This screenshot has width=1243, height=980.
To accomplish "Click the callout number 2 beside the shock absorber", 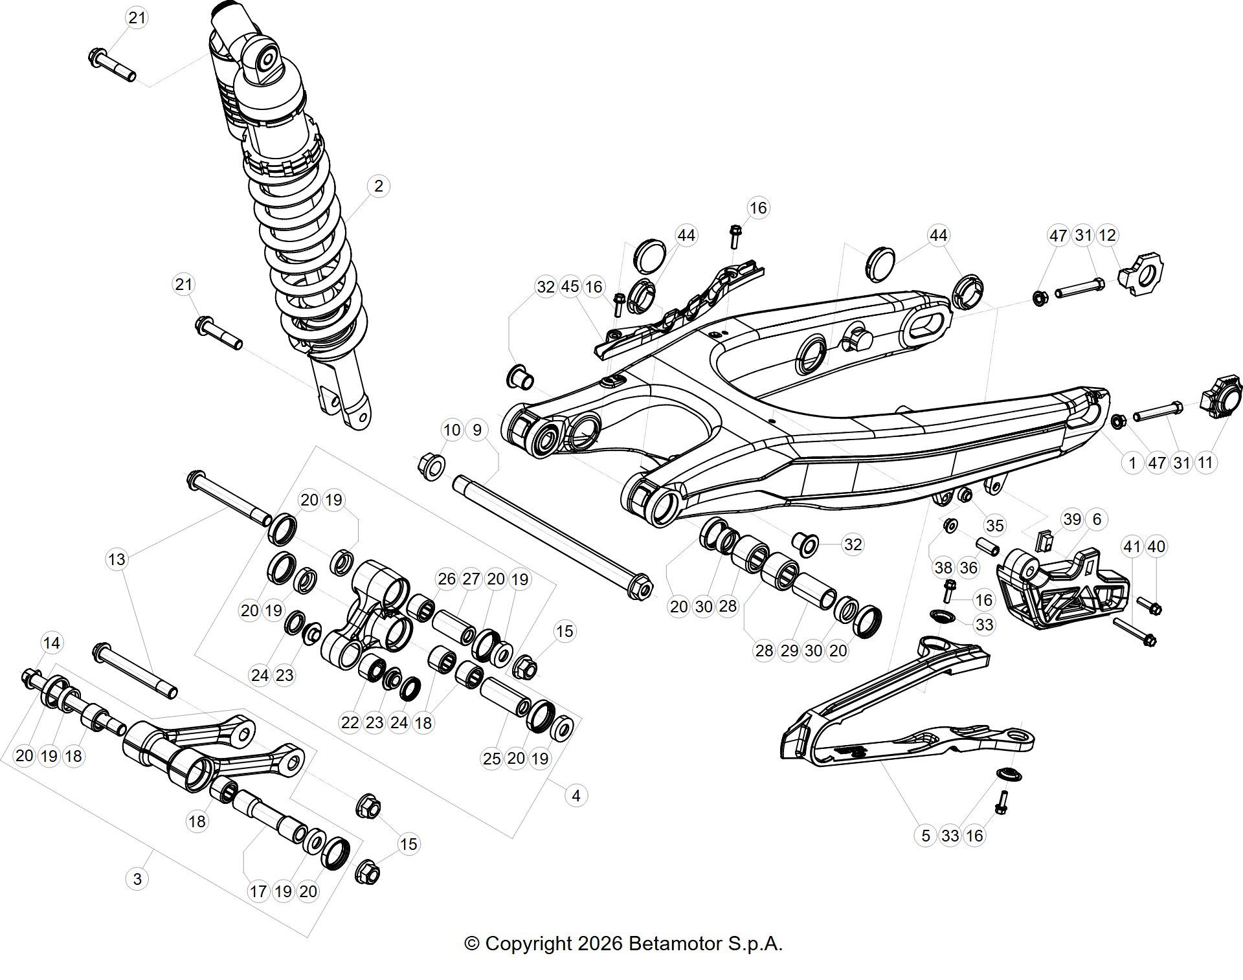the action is click(x=378, y=186).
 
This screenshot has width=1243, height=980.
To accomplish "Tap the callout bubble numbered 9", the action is click(x=477, y=430).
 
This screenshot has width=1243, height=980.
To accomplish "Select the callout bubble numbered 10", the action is click(x=452, y=430).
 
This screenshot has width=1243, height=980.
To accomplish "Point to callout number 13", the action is click(x=117, y=559).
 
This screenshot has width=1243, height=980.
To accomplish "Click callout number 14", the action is click(x=51, y=643).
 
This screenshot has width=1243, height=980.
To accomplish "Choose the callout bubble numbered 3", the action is click(x=137, y=879).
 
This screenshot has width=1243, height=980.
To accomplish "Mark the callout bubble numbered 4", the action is click(x=576, y=796).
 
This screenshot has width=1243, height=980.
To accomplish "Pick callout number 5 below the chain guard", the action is click(x=926, y=836).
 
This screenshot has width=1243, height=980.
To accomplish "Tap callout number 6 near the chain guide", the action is click(x=1097, y=519).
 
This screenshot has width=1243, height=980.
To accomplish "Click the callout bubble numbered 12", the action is click(x=1108, y=235).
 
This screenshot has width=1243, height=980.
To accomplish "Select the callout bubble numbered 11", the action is click(x=1205, y=463).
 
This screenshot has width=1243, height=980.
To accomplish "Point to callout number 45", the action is click(x=570, y=287).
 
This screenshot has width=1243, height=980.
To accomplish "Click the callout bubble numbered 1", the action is click(x=1132, y=463).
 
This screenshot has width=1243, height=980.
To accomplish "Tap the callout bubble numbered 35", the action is click(x=994, y=526).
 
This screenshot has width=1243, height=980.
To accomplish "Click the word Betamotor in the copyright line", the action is click(x=675, y=943).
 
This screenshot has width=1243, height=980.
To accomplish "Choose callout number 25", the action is click(x=492, y=758).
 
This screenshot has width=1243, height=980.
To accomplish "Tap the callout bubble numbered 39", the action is click(x=1072, y=519).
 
